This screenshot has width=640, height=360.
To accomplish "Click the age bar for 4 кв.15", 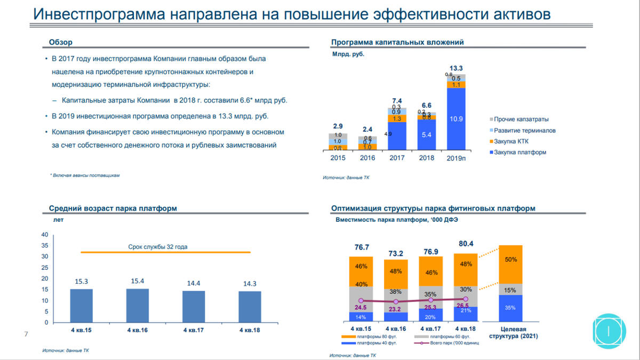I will [x=81, y=306].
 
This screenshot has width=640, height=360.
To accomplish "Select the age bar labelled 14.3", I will [x=250, y=307].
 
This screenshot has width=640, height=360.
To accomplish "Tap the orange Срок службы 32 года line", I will [x=165, y=252].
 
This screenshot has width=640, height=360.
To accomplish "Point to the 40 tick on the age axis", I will [x=45, y=235].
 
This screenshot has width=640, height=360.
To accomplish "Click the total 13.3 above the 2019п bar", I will [x=456, y=68].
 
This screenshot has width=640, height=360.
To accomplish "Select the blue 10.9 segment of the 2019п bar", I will [x=456, y=118].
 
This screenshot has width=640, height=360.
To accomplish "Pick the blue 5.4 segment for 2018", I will [x=426, y=135].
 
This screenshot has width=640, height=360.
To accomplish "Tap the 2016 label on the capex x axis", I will [x=367, y=158].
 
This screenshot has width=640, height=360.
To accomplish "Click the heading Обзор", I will [x=60, y=43].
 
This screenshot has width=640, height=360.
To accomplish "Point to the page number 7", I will [x=26, y=334].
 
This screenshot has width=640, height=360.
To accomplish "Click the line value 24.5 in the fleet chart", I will [x=361, y=308].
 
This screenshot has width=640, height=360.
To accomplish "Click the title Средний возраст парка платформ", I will [x=113, y=209].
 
